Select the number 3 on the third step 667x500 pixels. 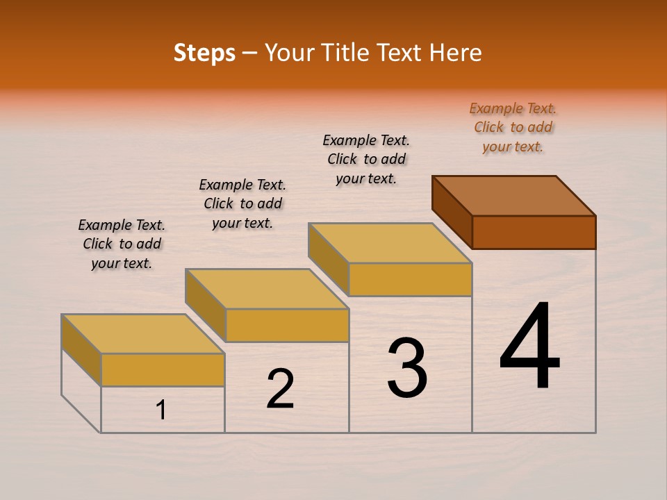[x=407, y=368]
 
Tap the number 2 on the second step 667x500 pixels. [x=280, y=389]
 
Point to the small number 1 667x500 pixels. [x=161, y=410]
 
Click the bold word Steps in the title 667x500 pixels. [x=204, y=53]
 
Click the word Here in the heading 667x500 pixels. [x=456, y=53]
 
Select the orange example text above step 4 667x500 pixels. [x=513, y=127]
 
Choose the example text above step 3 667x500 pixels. [x=366, y=159]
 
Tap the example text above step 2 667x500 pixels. [x=242, y=203]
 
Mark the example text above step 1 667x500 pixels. [x=122, y=244]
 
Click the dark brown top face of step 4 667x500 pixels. [x=514, y=195]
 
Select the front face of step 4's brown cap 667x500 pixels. [x=534, y=232]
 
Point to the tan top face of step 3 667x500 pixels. [x=390, y=243]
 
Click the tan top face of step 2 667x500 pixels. [x=267, y=289]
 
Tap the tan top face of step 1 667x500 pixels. [x=143, y=334]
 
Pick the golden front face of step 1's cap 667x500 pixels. [x=163, y=369]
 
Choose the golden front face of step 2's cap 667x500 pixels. [x=287, y=325]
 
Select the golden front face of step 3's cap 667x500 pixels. [x=410, y=279]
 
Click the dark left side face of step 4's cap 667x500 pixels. [x=452, y=211]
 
